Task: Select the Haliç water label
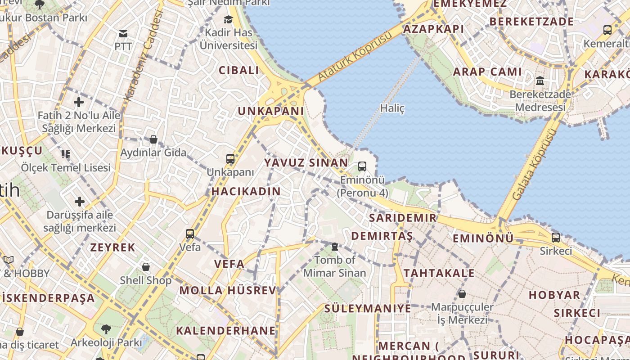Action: coord(392,108)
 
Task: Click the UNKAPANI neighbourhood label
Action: coord(271,111)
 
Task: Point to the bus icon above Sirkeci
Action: coord(556,238)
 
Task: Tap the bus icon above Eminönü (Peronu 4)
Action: coord(362,166)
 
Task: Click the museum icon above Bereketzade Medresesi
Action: coord(540,81)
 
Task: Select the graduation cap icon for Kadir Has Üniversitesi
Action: coord(229,19)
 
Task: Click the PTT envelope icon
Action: coord(123,34)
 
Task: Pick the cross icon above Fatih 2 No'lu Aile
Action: coord(79,102)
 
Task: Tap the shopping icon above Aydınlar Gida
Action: coord(153,139)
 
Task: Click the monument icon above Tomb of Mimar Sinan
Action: coord(335,247)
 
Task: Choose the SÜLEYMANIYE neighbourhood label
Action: coord(368,309)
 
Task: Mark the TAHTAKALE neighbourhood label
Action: coord(439,273)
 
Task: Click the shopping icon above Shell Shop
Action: coord(145,267)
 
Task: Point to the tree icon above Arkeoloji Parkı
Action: coord(106,329)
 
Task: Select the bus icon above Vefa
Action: coord(190,234)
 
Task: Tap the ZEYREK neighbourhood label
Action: coord(112,247)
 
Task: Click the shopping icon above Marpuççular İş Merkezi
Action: coord(462,294)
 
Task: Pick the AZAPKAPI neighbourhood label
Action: coord(433,29)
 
